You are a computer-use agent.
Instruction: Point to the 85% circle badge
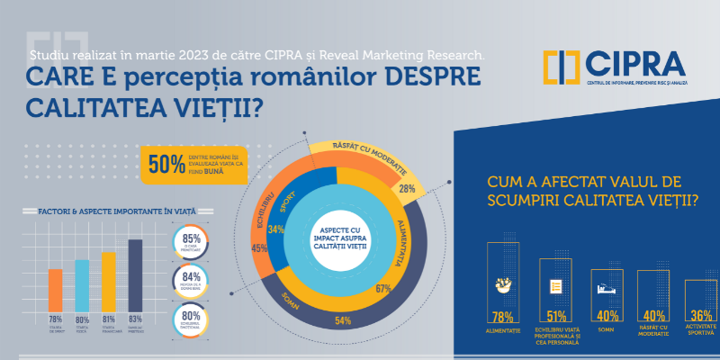[191, 242]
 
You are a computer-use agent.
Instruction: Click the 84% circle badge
[191, 280]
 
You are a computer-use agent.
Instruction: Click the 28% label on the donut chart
[407, 189]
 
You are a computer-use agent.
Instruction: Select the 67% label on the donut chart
[382, 289]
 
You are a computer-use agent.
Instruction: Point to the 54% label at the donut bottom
[342, 321]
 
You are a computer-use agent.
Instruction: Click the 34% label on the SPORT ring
[277, 229]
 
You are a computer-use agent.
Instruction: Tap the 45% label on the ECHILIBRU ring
[259, 248]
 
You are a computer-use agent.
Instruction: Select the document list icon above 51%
[555, 287]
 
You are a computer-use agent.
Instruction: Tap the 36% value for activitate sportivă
[701, 316]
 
